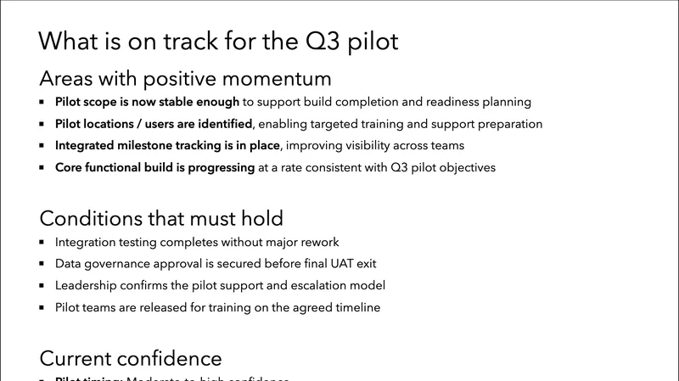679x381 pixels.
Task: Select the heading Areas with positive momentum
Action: [185, 80]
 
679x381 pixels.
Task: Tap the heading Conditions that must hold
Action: [161, 218]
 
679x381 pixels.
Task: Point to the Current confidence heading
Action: [131, 357]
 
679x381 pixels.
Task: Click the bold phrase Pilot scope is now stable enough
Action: [147, 102]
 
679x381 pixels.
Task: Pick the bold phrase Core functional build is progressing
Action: [155, 167]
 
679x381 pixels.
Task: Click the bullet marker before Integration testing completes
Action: [43, 243]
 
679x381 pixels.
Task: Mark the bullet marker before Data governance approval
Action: [43, 264]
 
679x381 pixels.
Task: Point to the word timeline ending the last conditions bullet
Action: [356, 307]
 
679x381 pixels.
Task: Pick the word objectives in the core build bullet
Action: [464, 167]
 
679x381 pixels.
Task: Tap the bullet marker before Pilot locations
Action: [43, 125]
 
